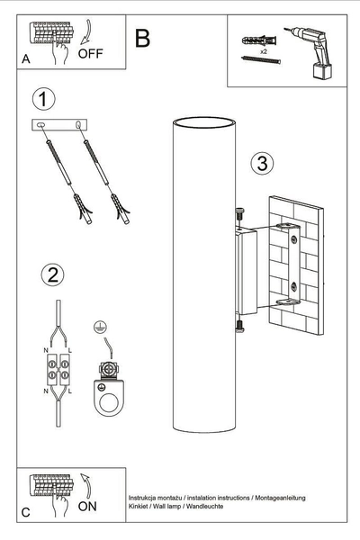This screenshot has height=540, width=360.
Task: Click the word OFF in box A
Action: (91, 53)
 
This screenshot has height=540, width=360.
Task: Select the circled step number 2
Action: (52, 274)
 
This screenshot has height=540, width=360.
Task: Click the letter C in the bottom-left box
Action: (25, 512)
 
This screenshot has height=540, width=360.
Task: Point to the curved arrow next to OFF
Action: (84, 35)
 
